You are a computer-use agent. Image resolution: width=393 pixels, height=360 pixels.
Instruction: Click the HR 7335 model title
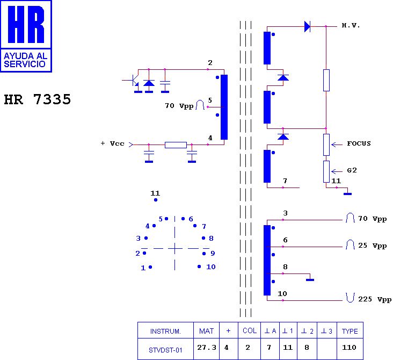coord(38,99)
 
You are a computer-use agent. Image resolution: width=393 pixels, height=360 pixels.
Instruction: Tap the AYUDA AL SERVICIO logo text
coord(26,60)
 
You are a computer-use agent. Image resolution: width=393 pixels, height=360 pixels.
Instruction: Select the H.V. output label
coord(351,25)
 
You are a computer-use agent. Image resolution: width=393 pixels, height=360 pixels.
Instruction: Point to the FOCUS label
coord(359,143)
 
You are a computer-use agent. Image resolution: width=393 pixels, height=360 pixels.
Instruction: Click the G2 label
coord(352,170)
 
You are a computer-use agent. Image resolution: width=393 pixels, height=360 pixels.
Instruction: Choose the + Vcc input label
coord(113,143)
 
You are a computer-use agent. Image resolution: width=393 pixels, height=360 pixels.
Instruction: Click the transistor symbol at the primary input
coord(134,80)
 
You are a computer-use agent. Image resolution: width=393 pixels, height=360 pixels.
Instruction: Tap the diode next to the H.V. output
coord(307,26)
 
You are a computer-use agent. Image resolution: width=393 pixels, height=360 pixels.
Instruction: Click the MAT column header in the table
coord(207,331)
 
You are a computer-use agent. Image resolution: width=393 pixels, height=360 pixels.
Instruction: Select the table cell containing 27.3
coord(207,348)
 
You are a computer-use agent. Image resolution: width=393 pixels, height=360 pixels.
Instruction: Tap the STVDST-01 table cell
coord(165,350)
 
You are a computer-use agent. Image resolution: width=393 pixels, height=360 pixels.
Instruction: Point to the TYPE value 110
coord(349,348)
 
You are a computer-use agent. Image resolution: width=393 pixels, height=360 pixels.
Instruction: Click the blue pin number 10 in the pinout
coord(211,267)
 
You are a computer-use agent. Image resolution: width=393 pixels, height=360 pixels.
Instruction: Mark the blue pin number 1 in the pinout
coord(143,268)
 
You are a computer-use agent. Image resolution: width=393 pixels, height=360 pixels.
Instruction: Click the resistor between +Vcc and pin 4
coord(176,145)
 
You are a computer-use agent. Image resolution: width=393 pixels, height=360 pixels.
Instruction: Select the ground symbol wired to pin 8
coord(310,279)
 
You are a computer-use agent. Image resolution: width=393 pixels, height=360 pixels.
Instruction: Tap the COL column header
coord(250,330)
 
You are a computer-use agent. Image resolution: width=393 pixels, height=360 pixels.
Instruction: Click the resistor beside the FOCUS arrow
coord(326,145)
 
